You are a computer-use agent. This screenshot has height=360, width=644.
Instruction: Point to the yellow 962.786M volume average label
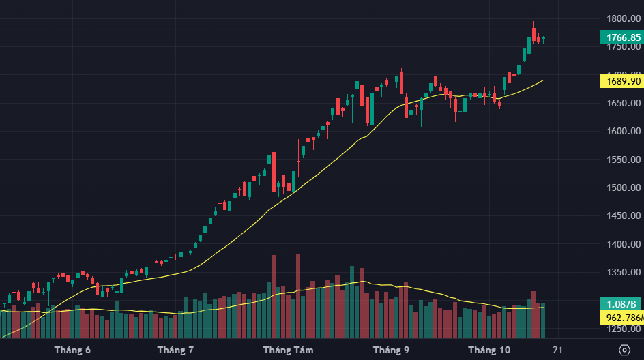click(621, 317)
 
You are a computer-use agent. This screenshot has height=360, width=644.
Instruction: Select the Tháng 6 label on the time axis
click(72, 350)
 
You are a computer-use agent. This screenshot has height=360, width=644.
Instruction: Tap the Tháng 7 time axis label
click(175, 350)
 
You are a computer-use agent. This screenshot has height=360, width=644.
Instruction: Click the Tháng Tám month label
click(288, 350)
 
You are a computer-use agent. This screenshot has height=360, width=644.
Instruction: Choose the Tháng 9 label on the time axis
click(391, 350)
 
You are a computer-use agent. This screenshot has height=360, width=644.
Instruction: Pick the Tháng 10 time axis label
click(489, 350)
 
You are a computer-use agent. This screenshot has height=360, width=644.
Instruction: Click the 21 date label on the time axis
click(557, 350)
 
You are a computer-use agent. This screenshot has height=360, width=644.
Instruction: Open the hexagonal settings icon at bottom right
click(624, 350)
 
